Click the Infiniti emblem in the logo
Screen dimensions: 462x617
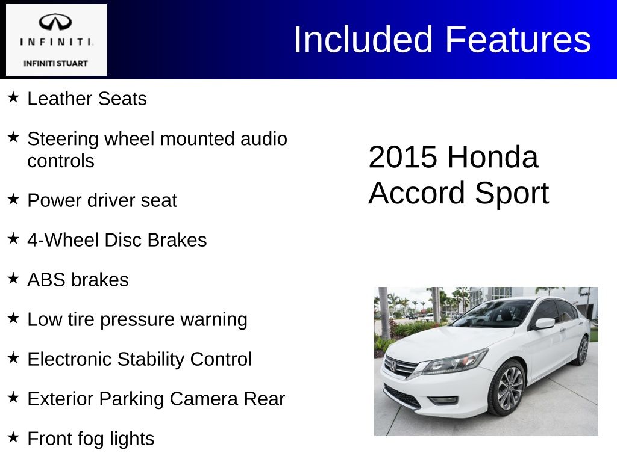(x=55, y=23)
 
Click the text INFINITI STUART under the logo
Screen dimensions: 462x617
(x=55, y=63)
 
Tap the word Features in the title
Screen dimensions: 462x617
(x=518, y=40)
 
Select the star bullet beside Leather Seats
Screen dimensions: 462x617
(x=14, y=97)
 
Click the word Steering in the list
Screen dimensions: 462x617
(x=63, y=139)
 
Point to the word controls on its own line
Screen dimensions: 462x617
(x=61, y=161)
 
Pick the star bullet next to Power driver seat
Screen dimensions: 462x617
(x=14, y=199)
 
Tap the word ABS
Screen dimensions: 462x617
(x=46, y=280)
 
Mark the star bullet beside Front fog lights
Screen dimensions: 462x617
(x=14, y=437)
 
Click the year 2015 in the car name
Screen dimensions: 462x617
(x=402, y=158)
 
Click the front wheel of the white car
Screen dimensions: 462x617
(x=507, y=388)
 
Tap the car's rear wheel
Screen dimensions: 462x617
(x=582, y=350)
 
